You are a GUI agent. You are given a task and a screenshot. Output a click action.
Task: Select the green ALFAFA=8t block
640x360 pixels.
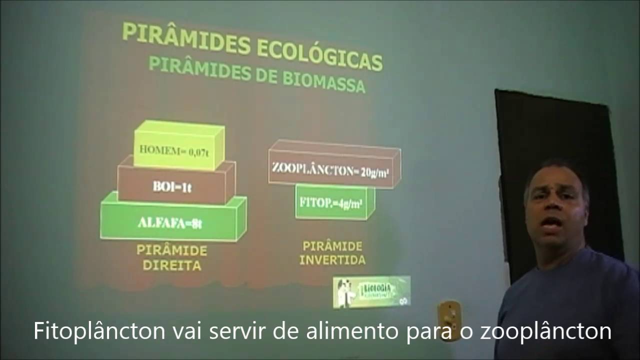[170, 222]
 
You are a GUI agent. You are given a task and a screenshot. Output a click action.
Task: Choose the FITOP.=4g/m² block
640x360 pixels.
[331, 203]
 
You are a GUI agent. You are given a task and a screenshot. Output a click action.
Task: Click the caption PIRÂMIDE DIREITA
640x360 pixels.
[172, 257]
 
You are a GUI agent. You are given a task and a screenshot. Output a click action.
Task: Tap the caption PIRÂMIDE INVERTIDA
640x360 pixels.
[333, 253]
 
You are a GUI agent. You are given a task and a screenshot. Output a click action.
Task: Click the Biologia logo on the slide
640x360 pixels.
[371, 291]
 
